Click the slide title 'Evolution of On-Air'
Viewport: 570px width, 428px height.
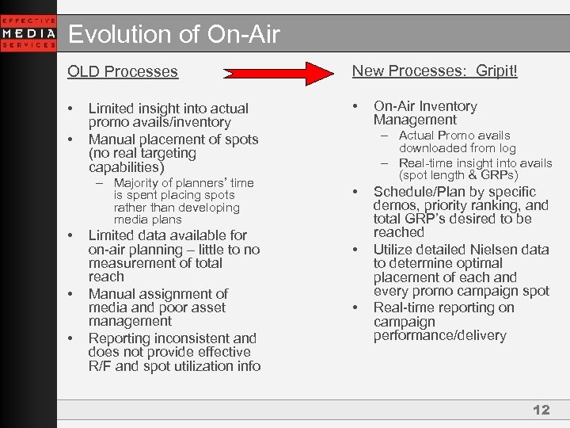tap(173, 34)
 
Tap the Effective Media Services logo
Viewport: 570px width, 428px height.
tap(28, 33)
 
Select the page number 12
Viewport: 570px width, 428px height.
tap(541, 410)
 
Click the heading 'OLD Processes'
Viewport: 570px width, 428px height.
tap(123, 72)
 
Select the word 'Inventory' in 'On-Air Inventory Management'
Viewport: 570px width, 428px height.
tap(448, 106)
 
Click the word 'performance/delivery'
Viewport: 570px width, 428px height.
tap(439, 336)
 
